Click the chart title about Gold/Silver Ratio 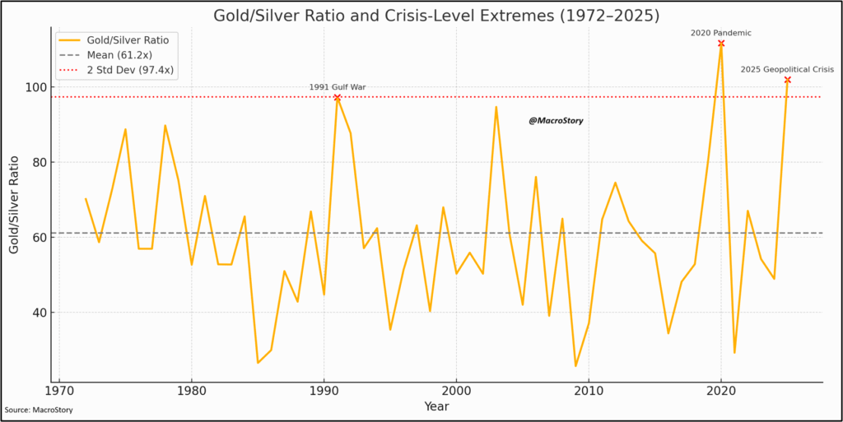(436, 16)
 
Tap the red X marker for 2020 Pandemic (721, 44)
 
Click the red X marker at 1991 (337, 97)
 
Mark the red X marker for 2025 (787, 80)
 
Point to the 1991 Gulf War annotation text (337, 86)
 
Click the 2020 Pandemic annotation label (720, 33)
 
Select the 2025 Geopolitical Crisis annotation (787, 70)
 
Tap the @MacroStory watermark (556, 121)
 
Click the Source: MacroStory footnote (39, 410)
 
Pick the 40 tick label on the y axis (38, 313)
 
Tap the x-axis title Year (436, 406)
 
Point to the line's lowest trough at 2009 (575, 366)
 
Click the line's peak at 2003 (496, 106)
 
